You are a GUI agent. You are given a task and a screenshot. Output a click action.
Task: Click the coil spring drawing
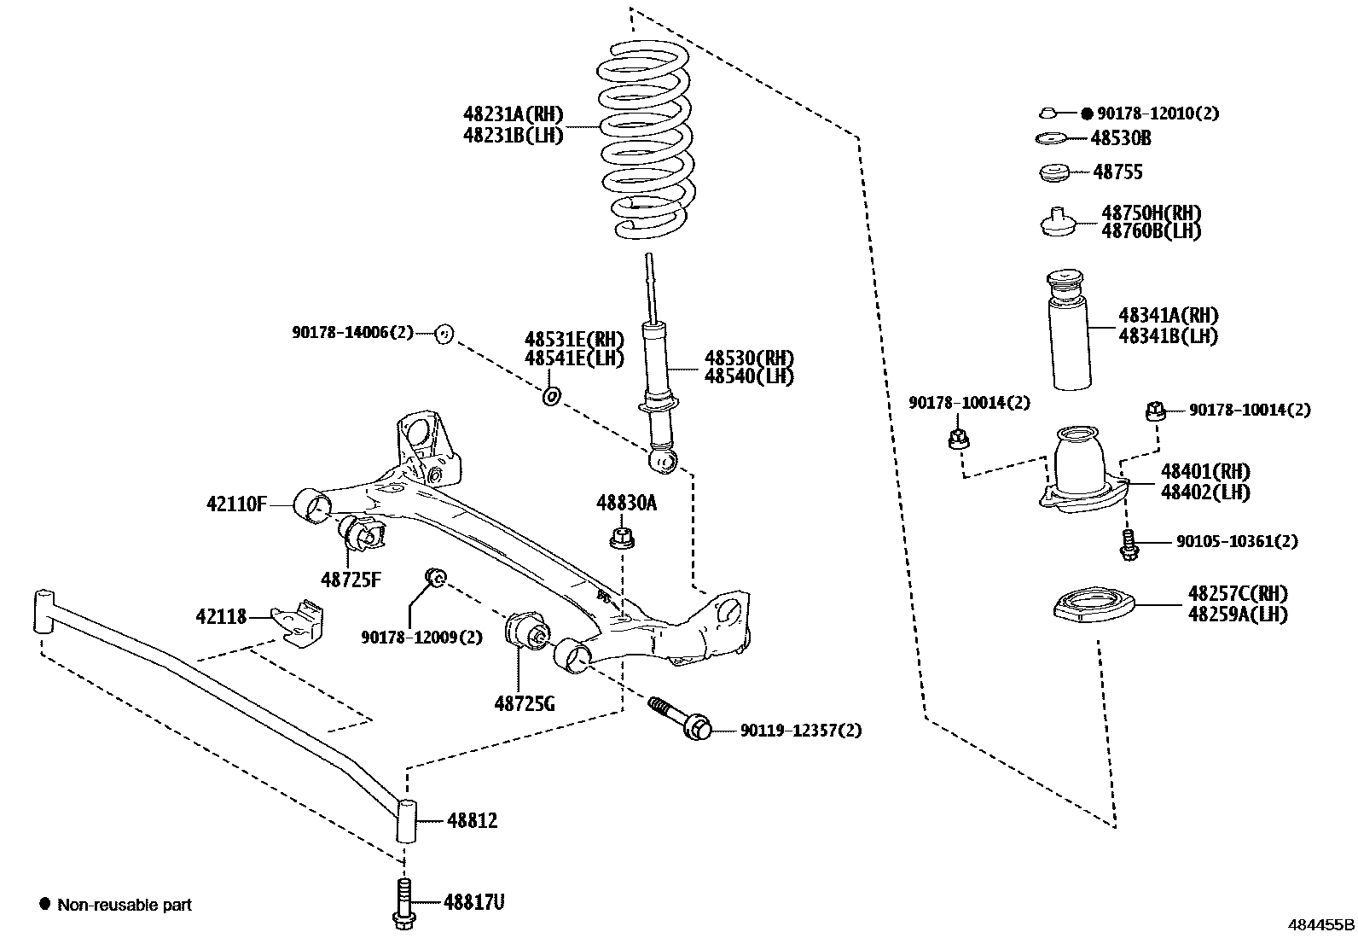(646, 141)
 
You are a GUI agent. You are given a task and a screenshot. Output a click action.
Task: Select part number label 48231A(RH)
(514, 114)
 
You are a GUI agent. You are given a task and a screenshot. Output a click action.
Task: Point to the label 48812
(472, 821)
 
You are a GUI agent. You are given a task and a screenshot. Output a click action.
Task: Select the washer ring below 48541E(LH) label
(552, 396)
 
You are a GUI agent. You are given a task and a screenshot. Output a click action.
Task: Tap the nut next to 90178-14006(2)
(443, 334)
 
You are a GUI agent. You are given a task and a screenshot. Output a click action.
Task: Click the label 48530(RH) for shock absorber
(749, 358)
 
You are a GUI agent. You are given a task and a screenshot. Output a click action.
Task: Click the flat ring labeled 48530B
(1050, 138)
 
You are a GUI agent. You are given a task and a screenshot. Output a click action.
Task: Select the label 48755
(1117, 172)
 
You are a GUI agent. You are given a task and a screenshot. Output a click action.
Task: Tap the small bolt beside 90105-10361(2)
(1129, 545)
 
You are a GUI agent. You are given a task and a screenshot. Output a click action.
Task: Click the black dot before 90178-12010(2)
(1087, 113)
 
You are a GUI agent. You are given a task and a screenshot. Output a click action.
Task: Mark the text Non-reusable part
(125, 905)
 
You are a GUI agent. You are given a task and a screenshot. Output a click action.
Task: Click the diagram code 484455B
(1320, 924)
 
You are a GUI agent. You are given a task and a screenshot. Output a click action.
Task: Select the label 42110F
(236, 504)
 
